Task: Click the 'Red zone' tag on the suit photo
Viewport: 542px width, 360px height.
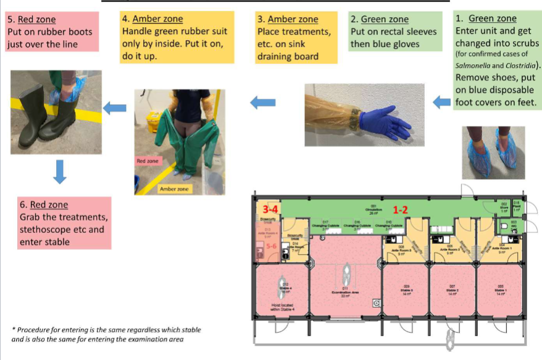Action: tap(148, 161)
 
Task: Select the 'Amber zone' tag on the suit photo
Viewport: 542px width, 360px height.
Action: tap(176, 188)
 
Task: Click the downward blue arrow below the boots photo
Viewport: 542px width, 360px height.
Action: tap(59, 171)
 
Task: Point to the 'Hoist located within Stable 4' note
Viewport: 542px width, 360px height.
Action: tap(281, 307)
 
